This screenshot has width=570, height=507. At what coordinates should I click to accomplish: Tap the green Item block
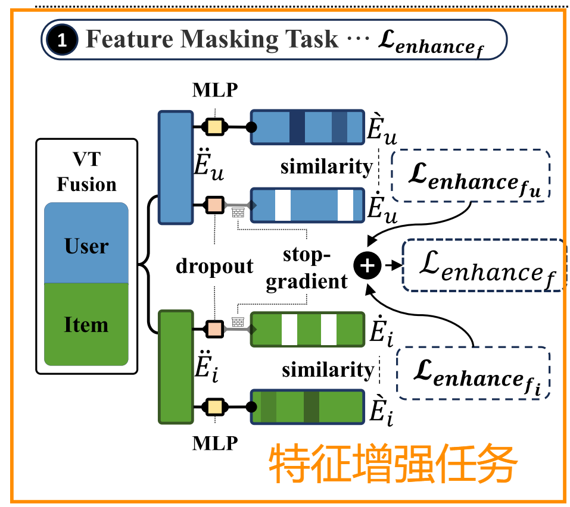pos(87,324)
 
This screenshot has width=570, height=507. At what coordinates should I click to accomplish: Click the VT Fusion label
pos(87,173)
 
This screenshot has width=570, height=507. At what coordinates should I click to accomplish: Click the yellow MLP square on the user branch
pos(214,127)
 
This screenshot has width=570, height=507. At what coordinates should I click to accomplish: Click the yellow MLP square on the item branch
pos(214,407)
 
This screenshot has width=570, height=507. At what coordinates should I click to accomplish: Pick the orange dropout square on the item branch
pos(214,328)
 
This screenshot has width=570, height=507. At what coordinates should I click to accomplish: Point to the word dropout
pos(214,266)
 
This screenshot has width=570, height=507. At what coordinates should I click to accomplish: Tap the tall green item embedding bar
pos(175,366)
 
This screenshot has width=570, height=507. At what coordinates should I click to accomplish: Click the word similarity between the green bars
pos(327,370)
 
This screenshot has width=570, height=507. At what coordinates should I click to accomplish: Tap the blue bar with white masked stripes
pos(307,205)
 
